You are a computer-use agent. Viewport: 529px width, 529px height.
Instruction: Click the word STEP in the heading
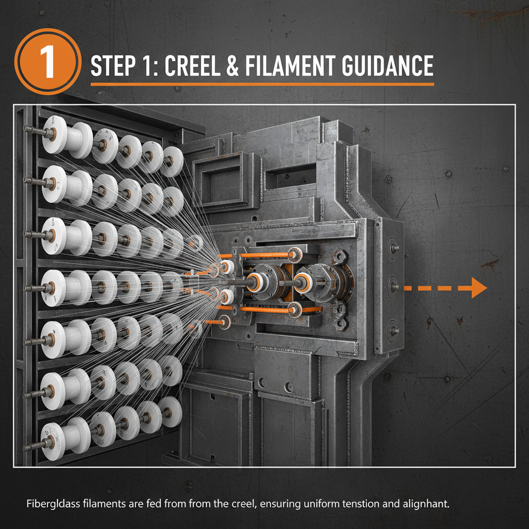tap(113, 66)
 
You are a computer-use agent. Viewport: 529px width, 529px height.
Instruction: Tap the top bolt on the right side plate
tap(394, 247)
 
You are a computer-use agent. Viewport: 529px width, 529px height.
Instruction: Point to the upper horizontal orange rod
tap(266, 255)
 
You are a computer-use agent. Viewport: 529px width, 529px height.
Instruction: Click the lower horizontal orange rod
tap(266, 309)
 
